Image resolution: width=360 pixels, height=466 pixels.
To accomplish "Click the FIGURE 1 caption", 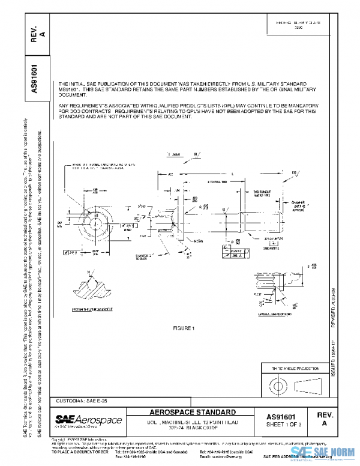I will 184,328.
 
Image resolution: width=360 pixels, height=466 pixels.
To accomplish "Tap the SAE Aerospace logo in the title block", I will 89,420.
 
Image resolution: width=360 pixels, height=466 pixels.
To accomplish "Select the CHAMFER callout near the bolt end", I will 299,206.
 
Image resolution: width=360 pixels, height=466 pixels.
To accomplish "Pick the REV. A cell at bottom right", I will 325,420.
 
